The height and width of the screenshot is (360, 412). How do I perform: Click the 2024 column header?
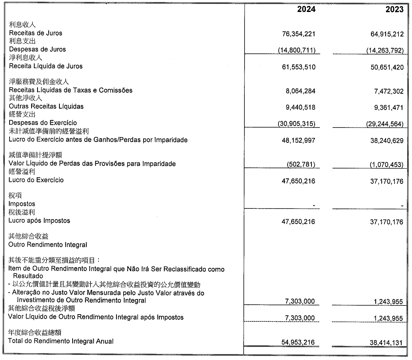coord(306,9)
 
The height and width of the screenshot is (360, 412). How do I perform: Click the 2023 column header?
coord(394,9)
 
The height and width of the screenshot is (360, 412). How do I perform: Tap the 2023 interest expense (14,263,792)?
coord(385,50)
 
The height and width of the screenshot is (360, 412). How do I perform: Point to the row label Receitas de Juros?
coord(35,33)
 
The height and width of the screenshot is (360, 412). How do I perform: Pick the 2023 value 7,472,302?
coord(387,92)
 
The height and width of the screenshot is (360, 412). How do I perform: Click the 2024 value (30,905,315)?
coord(296,124)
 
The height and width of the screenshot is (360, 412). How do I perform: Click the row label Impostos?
coord(22,204)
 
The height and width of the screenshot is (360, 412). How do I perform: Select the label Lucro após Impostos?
coord(39,220)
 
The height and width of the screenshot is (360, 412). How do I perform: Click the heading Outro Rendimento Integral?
coord(47,244)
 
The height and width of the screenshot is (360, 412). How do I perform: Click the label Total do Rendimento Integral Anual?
coord(61,341)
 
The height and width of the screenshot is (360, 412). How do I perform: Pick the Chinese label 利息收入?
coord(22,25)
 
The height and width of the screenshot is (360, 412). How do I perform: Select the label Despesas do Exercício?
coord(43,123)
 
